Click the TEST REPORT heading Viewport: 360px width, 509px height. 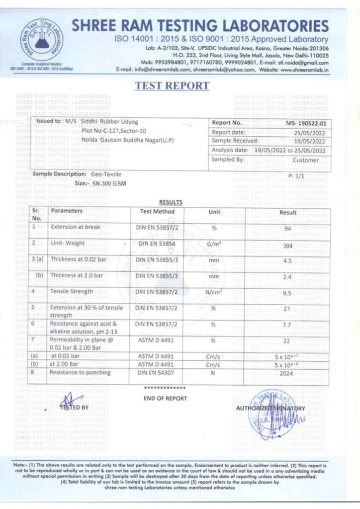(x=172, y=85)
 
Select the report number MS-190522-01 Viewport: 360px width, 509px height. (x=306, y=123)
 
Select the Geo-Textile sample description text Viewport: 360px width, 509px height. (x=106, y=174)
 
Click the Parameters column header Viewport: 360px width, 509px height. (x=67, y=211)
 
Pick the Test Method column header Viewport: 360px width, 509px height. (x=158, y=212)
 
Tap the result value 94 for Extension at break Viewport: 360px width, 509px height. (x=286, y=228)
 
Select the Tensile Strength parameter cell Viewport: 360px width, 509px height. (x=72, y=291)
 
